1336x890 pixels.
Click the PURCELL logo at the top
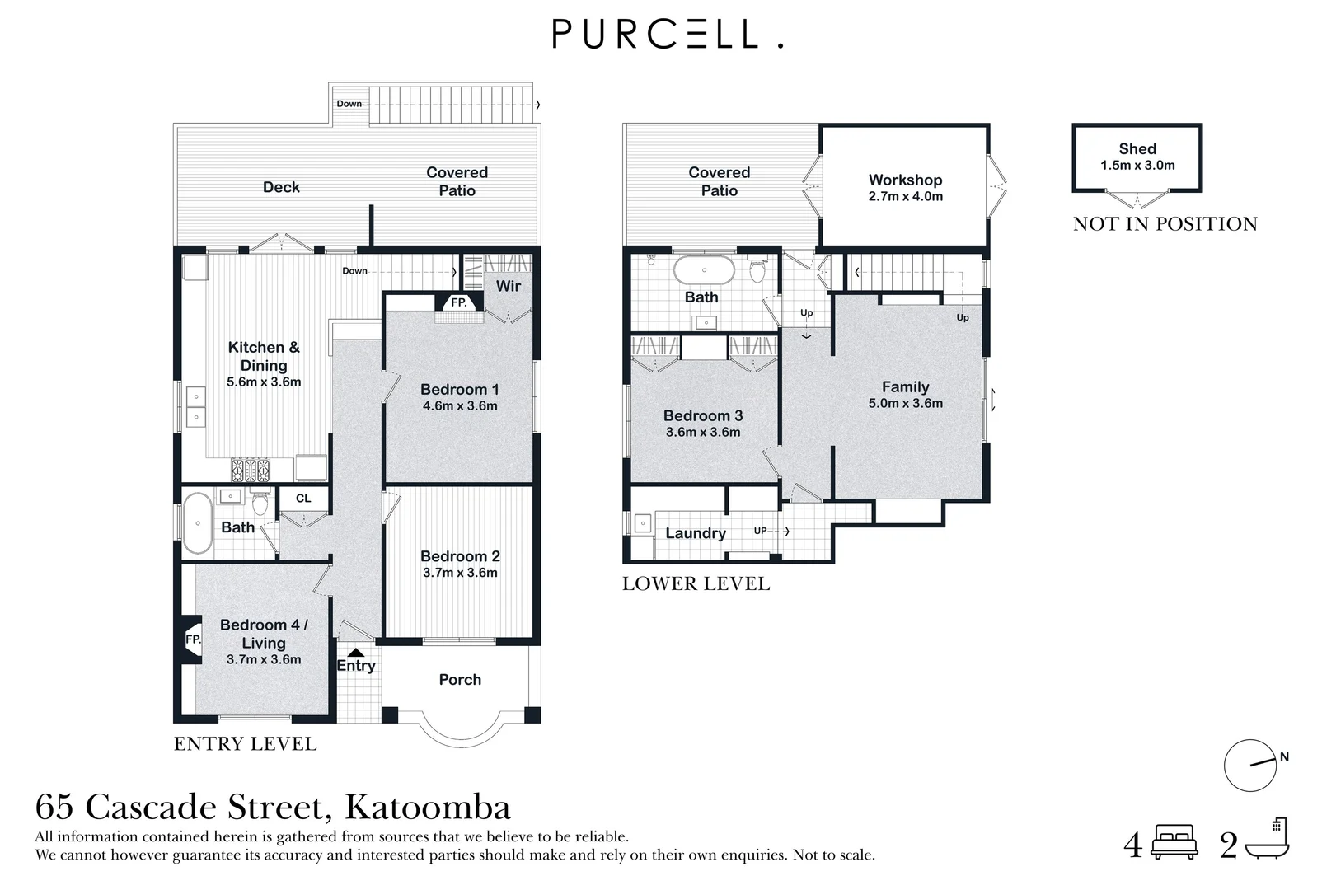coord(667,35)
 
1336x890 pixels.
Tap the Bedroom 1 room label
coord(459,389)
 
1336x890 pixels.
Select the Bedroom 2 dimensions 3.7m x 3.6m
coord(460,573)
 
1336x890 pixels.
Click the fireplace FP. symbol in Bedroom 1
coord(459,303)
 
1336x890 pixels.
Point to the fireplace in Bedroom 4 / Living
coord(192,639)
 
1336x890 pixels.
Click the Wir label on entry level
coord(508,286)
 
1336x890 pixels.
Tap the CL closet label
coord(303,499)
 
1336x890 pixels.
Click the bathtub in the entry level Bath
coord(197,523)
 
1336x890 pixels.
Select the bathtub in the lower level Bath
coord(704,270)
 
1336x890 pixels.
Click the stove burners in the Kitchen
coord(251,470)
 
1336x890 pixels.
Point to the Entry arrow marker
coord(355,653)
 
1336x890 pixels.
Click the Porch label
coord(460,680)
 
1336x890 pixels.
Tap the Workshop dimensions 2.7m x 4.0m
coord(905,197)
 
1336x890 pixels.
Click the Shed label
coord(1137,149)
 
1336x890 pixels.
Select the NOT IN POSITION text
coord(1165,224)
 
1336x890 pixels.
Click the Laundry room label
coord(696,533)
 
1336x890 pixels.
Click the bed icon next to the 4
coord(1174,842)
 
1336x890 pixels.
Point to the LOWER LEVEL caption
coord(696,583)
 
